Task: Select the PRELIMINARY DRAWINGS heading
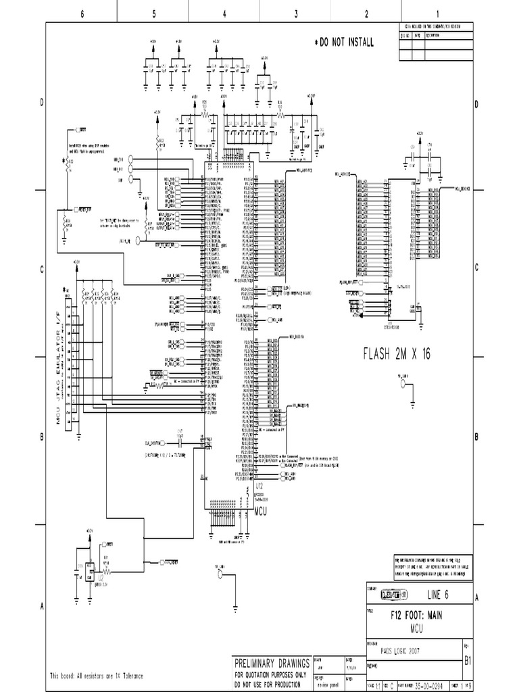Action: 272,662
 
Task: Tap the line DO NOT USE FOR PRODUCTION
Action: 272,683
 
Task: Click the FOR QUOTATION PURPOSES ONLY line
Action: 272,674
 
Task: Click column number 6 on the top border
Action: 82,14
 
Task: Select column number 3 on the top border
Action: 296,14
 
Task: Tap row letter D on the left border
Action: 41,102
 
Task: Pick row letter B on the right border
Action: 476,437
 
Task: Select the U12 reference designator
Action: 259,486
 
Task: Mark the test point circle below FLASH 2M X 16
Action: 404,384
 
